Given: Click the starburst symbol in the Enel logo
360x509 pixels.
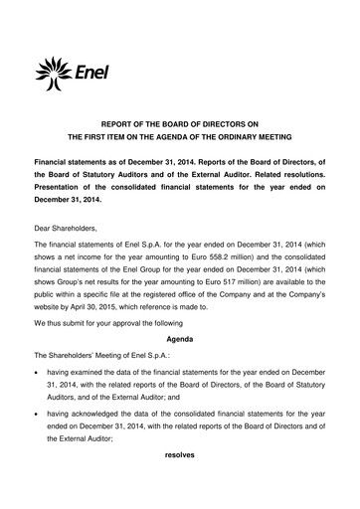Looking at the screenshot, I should pos(52,71).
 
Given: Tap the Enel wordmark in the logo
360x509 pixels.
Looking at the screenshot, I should pos(89,71).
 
